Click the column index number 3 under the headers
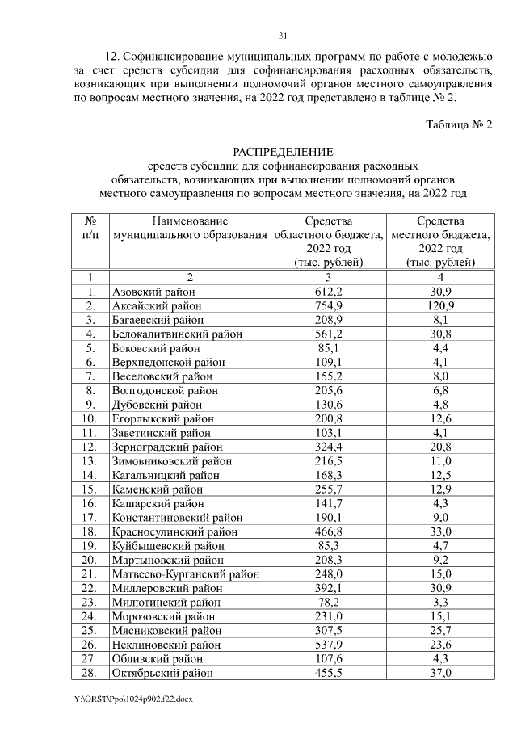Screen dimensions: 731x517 click(328, 277)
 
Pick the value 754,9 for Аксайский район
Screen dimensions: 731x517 click(328, 306)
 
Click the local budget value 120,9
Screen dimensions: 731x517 click(440, 306)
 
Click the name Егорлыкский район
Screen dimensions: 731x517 click(164, 418)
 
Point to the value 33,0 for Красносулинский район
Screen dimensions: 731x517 click(440, 532)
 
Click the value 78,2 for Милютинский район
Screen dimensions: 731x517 click(328, 603)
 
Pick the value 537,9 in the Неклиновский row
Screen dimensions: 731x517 click(328, 645)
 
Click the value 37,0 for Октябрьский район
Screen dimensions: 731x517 click(440, 673)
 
